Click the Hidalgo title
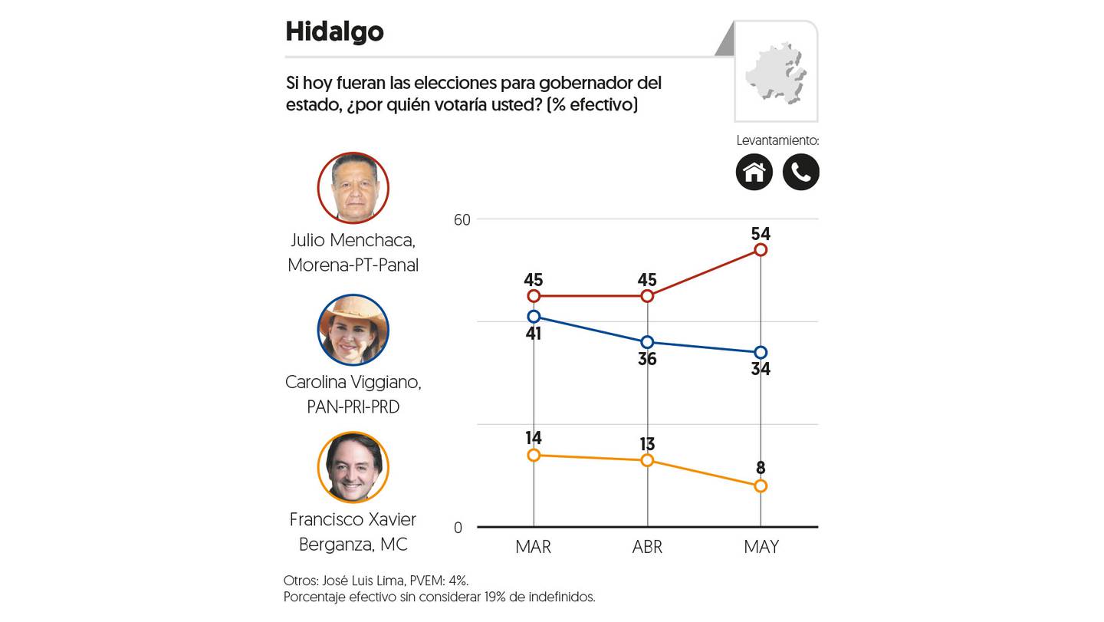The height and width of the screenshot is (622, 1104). (x=334, y=32)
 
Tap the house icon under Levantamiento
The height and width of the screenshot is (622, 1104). (x=754, y=172)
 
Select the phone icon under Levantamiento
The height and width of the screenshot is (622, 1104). (x=801, y=172)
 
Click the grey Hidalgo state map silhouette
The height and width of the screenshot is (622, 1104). (x=776, y=73)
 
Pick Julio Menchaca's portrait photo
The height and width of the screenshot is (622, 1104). (x=353, y=188)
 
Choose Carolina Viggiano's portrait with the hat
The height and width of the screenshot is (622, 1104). (x=353, y=330)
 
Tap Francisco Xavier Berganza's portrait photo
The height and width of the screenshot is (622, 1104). (x=353, y=467)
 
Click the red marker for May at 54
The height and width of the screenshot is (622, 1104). (x=761, y=250)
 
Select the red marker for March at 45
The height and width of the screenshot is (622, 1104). (x=534, y=296)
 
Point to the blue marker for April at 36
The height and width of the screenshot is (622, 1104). (x=647, y=342)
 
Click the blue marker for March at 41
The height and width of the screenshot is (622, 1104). (x=534, y=317)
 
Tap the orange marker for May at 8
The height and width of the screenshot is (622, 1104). (x=761, y=486)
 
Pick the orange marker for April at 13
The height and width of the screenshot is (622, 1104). (x=647, y=460)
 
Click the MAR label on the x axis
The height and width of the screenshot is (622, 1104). (x=534, y=547)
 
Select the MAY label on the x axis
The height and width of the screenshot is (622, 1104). (x=761, y=547)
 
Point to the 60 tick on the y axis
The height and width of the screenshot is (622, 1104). (x=462, y=220)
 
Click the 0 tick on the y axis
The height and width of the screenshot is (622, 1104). (x=458, y=528)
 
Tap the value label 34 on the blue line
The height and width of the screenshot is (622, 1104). (x=761, y=369)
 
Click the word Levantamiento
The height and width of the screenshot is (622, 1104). (x=777, y=140)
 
